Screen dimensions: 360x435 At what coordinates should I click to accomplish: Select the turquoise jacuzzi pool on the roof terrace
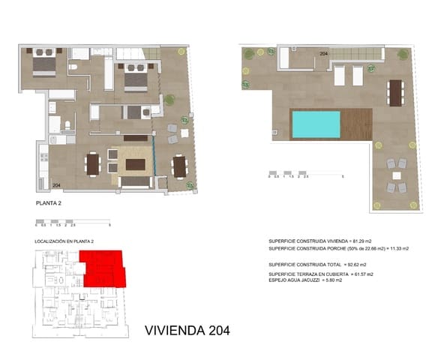coord(316,124)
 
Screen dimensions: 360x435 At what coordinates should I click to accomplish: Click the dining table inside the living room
coord(92,163)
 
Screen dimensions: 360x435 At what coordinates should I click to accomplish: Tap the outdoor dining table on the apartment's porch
coord(179,165)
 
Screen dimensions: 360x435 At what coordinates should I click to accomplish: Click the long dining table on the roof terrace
coord(394,92)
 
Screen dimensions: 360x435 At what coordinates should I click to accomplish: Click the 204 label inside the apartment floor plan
coord(58,184)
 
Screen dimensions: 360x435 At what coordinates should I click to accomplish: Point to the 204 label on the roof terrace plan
coord(324,54)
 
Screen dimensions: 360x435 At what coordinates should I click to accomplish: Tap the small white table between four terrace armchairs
coord(394,175)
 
